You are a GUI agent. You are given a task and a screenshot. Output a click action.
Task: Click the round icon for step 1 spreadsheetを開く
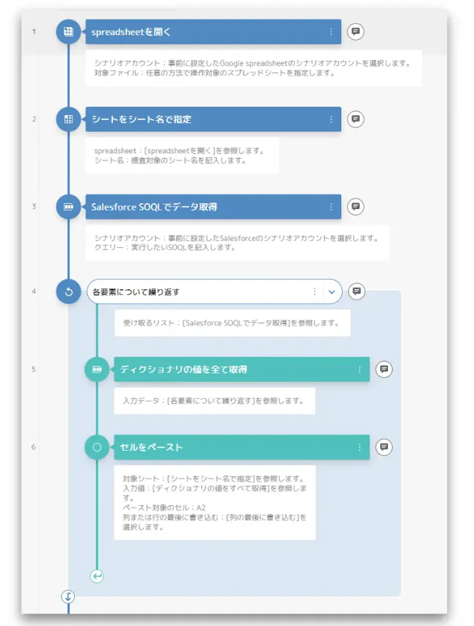(x=68, y=32)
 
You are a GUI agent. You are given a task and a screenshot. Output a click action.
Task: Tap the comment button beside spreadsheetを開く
(x=355, y=32)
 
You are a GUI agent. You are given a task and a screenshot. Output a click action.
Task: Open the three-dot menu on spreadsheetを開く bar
(x=331, y=32)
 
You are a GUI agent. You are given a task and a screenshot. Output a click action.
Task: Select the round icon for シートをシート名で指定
(x=68, y=119)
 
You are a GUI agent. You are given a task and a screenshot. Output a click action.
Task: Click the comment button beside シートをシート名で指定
(x=355, y=119)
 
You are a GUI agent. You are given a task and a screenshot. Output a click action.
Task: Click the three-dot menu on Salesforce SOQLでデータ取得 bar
(x=331, y=207)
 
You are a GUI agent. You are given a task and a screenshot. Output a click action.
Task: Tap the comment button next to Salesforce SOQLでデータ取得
(x=355, y=206)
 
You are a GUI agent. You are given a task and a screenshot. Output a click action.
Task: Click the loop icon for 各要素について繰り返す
(x=68, y=291)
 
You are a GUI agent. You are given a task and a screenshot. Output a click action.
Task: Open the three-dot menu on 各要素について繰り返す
(x=315, y=292)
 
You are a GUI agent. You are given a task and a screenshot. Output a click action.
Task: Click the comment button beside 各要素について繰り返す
(x=357, y=291)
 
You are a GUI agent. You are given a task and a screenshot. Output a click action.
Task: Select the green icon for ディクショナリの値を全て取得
(x=96, y=369)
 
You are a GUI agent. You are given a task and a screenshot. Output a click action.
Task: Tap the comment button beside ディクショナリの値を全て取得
(x=384, y=369)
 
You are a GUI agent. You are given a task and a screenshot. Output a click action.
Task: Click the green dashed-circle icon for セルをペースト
(x=96, y=447)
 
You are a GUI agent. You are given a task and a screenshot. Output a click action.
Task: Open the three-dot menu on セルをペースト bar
(x=360, y=448)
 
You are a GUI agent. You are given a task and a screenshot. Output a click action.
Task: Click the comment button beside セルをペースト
(x=384, y=446)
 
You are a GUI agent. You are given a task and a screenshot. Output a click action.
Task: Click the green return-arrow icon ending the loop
(x=97, y=576)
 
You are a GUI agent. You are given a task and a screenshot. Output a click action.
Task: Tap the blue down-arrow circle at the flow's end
(x=68, y=597)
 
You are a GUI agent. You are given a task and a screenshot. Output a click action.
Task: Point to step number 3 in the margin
(x=34, y=206)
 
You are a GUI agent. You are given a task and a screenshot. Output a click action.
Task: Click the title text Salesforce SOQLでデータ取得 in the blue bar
(x=154, y=207)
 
